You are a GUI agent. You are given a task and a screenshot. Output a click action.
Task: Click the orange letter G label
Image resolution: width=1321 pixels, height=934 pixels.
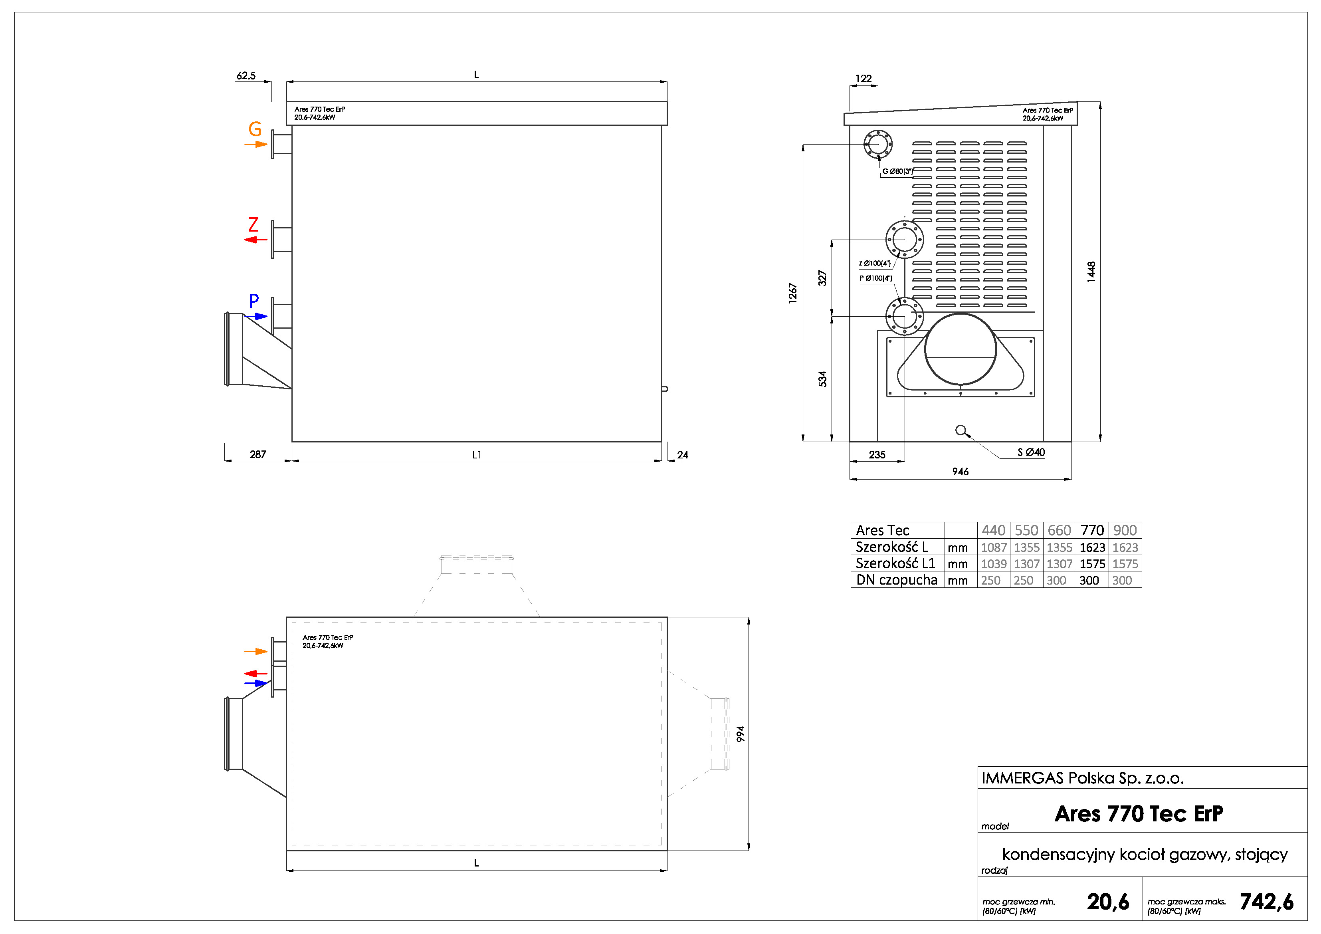pos(255,129)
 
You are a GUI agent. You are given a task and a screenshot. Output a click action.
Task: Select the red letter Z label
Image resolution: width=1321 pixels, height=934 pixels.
pos(253,224)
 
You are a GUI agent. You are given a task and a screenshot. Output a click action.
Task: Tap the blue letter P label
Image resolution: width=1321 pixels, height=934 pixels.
pos(254,300)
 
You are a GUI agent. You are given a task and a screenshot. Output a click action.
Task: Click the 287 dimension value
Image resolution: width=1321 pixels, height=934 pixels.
pos(258,455)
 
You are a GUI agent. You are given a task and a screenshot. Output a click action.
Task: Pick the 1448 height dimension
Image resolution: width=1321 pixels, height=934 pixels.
pos(1091,272)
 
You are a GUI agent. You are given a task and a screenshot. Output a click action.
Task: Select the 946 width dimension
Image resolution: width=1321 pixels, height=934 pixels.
pos(960,472)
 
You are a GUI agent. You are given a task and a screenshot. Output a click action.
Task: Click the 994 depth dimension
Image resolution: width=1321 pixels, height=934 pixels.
pos(741,734)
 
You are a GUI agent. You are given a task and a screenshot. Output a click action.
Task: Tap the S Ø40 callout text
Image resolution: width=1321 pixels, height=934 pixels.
pos(1031,452)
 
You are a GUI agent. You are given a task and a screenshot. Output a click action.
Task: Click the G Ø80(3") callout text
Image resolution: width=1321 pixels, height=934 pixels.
pos(897,171)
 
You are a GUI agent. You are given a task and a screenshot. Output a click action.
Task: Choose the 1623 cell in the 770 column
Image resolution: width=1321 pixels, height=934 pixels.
pos(1092,547)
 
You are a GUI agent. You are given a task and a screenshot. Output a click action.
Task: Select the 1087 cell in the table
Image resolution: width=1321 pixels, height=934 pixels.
pos(994,547)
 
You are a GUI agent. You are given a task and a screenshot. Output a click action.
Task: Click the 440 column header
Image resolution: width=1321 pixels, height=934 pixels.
pos(993,530)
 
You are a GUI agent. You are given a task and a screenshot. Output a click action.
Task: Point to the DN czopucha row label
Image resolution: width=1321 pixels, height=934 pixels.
pos(896,580)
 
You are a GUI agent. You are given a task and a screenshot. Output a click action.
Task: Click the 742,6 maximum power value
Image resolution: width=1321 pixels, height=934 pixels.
pos(1266,902)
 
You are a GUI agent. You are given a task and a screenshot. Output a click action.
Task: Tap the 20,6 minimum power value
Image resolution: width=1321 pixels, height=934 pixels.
pos(1107,902)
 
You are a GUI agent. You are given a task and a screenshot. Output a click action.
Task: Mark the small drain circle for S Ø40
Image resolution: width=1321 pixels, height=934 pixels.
pos(960,430)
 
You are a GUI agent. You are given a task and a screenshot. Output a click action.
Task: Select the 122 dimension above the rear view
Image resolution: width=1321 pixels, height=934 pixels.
pos(863,79)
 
